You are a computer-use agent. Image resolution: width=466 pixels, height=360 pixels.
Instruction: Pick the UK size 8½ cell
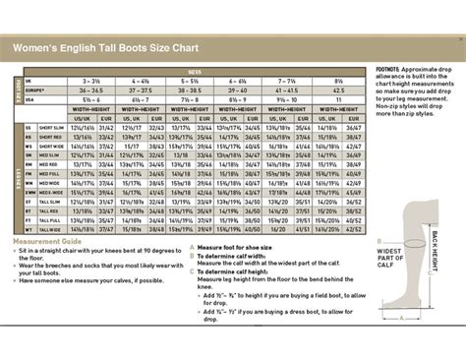coord(339,80)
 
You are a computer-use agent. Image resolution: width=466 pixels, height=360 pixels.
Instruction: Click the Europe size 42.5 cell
coord(339,89)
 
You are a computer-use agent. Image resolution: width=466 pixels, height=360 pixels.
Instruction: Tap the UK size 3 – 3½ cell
coord(92,80)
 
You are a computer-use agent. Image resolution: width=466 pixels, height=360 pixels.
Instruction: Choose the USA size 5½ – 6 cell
coord(92,98)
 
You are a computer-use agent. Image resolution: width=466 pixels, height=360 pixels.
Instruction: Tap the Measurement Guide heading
coord(46,241)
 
